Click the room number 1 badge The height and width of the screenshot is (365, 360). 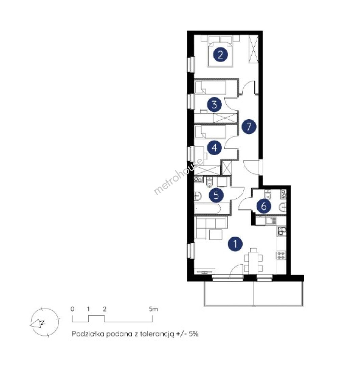click(x=235, y=244)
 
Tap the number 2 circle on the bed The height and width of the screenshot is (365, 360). click(x=220, y=55)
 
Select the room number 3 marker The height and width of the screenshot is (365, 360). click(x=214, y=105)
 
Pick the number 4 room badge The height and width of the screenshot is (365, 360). click(x=214, y=148)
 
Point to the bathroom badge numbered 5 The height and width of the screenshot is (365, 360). click(x=216, y=195)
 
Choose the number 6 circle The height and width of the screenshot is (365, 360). click(x=264, y=206)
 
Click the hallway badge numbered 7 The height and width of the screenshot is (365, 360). click(x=249, y=126)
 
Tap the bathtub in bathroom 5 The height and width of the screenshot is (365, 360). click(x=208, y=209)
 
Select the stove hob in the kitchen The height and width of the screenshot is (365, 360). click(x=281, y=255)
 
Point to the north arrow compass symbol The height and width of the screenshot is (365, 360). click(x=45, y=322)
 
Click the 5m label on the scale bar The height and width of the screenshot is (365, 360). click(x=153, y=309)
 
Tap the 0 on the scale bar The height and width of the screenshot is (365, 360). click(x=72, y=309)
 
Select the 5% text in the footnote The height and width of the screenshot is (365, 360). click(x=193, y=334)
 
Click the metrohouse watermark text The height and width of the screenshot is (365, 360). click(x=178, y=176)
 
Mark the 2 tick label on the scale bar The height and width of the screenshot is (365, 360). click(x=105, y=309)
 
